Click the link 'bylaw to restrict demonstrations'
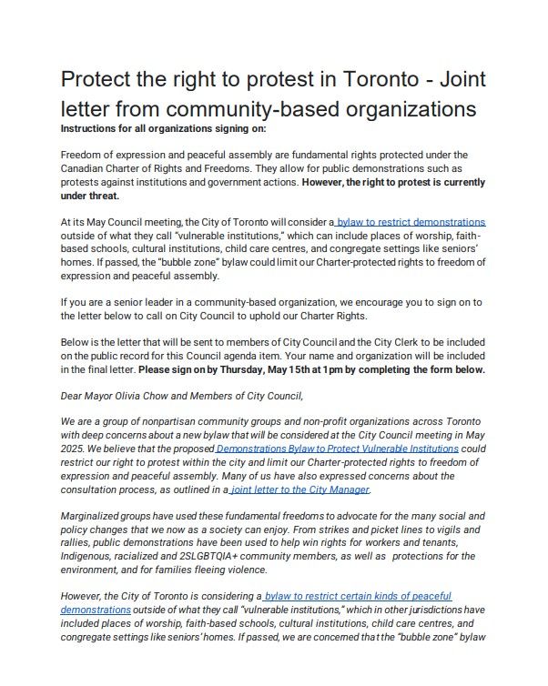pos(411,222)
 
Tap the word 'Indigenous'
pos(87,555)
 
